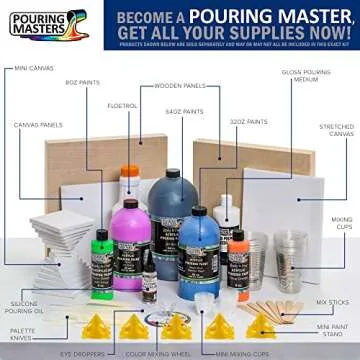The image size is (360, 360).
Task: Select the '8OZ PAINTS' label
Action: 83,83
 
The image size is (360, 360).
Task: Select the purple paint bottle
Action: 128,245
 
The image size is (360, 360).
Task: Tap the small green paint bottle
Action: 102,262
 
